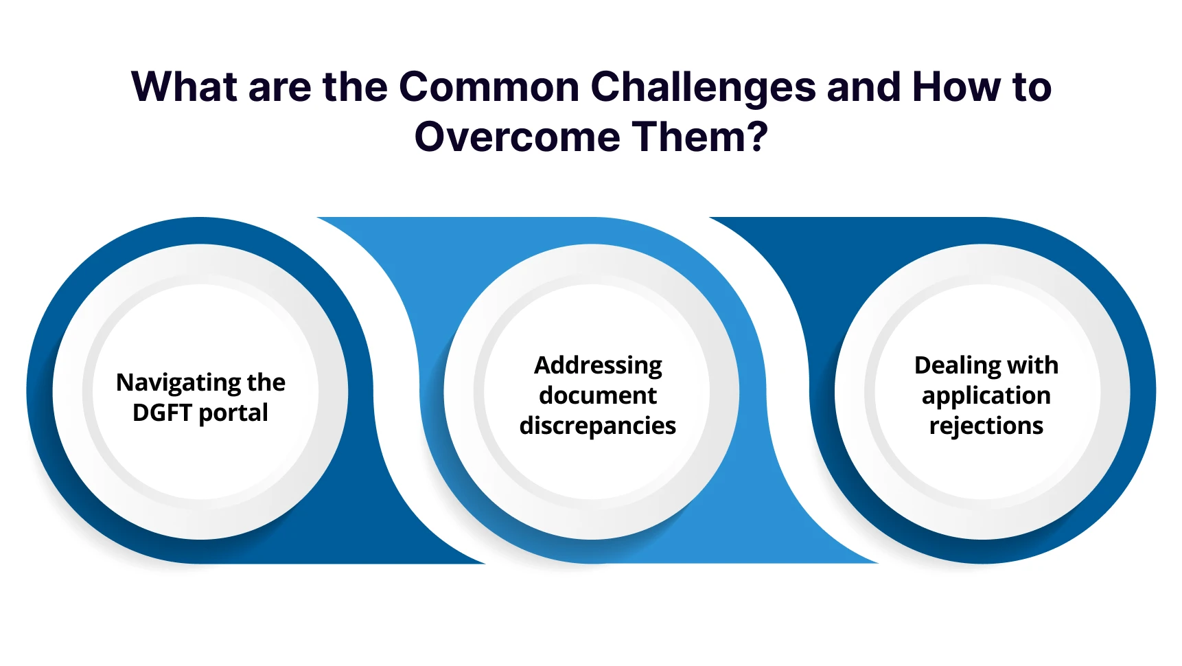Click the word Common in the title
[489, 87]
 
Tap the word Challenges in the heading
[702, 87]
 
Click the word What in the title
[184, 87]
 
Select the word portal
[233, 413]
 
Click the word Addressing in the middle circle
[598, 366]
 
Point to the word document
[598, 395]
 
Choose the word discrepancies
[598, 426]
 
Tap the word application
[986, 396]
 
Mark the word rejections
[986, 426]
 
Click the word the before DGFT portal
[266, 382]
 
